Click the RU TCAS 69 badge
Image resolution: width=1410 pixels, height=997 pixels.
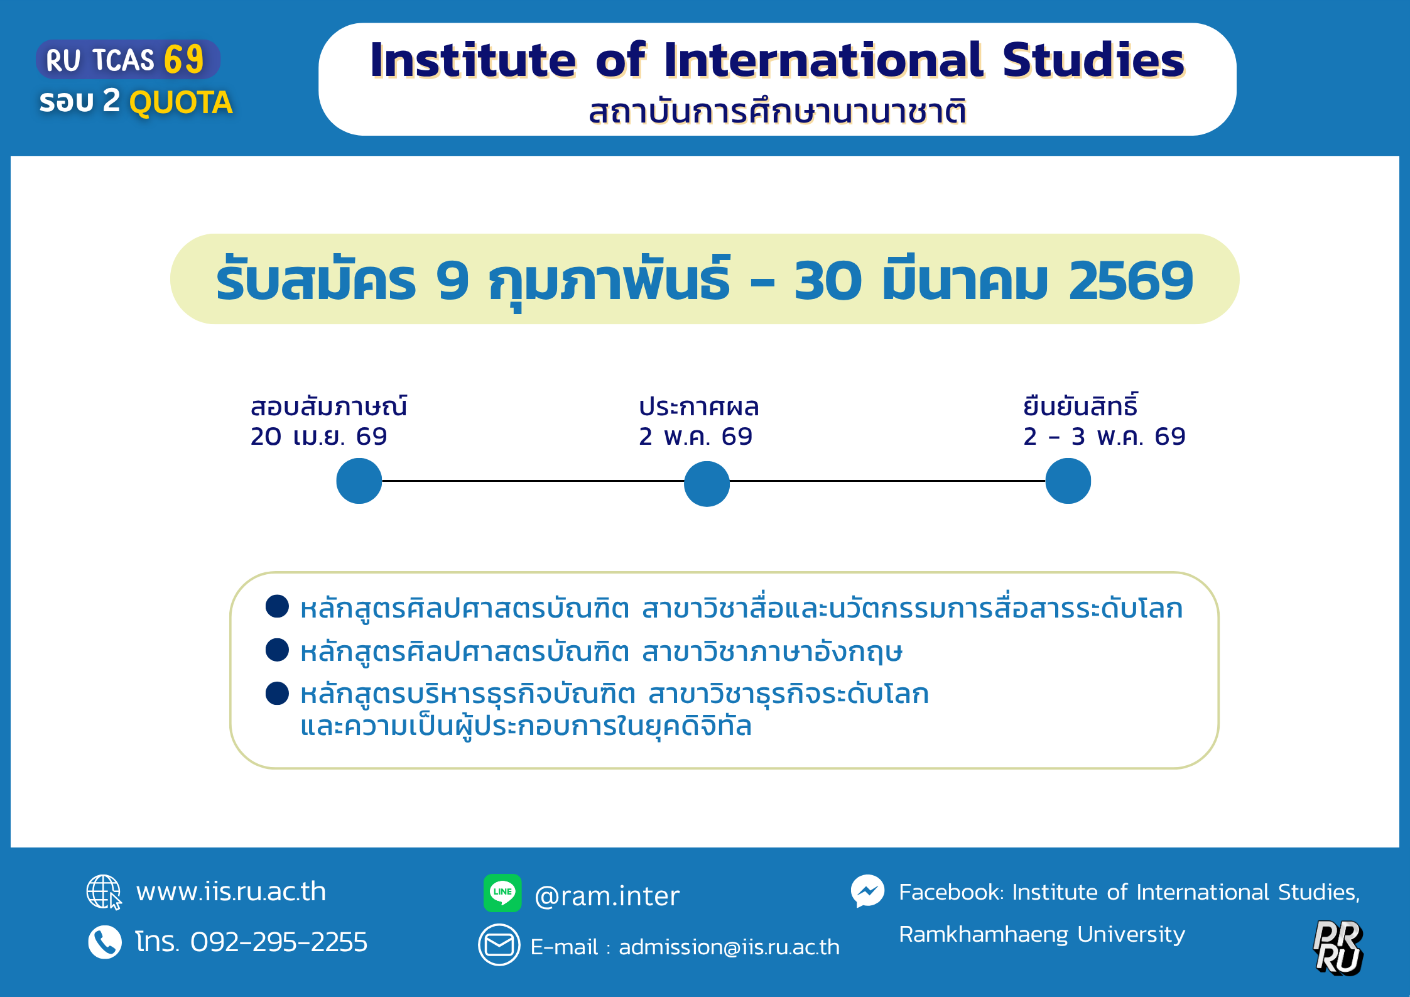pos(128,60)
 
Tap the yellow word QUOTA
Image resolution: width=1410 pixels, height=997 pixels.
pos(181,102)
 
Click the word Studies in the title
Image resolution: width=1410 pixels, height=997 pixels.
pos(1093,60)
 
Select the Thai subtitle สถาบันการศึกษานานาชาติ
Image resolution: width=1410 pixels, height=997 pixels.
pos(777,111)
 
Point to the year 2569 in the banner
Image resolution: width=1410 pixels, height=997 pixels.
pos(1131,280)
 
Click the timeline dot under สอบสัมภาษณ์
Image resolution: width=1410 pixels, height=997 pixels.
pos(359,481)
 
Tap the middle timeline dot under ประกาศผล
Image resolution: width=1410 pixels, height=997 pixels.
pos(707,483)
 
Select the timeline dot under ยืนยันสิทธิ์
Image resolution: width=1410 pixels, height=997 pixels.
pos(1068,481)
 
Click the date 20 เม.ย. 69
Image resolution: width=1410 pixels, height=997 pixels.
pos(319,436)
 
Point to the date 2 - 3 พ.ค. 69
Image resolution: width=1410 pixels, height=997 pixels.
pos(1104,436)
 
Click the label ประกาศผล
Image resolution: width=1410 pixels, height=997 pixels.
pos(699,406)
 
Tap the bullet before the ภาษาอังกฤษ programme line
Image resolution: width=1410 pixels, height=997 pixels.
pos(277,650)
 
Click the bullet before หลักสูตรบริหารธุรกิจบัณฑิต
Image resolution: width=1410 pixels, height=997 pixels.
pos(277,694)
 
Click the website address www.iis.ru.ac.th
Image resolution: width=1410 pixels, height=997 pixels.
pos(231,891)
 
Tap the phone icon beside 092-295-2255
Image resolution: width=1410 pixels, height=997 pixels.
pos(105,942)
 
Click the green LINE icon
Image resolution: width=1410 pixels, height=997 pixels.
pos(502,893)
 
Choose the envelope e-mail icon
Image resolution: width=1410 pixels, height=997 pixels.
pos(499,945)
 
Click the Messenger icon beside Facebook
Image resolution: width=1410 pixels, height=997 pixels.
pos(868,891)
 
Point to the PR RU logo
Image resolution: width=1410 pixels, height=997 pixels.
pos(1338,947)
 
